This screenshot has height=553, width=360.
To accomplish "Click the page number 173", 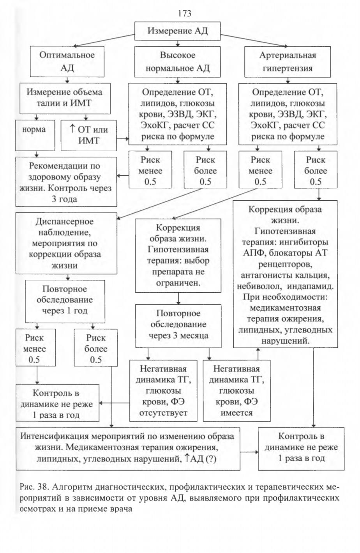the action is [184, 13].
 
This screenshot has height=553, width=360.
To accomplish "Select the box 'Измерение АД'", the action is [177, 31].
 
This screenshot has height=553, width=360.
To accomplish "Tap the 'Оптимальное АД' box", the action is [67, 61].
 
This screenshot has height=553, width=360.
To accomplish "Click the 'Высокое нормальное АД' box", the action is [177, 62].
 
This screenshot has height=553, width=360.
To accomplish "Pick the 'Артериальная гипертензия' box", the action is [288, 62].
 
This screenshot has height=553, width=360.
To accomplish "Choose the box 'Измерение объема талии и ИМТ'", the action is [65, 98].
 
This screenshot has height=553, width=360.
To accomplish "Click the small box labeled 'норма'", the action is [35, 135].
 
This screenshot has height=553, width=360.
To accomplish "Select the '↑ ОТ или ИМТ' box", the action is [88, 135].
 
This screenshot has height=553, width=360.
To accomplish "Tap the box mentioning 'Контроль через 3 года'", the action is [66, 182].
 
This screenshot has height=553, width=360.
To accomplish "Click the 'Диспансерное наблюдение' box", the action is [66, 243].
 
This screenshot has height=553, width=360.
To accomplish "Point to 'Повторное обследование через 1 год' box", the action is [65, 301].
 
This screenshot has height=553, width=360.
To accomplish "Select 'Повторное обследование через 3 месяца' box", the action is [178, 326].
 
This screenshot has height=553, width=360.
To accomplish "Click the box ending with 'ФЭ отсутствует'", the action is [163, 390].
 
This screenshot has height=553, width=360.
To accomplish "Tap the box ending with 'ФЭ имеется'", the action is [236, 390].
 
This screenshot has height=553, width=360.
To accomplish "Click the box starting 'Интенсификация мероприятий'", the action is [128, 449].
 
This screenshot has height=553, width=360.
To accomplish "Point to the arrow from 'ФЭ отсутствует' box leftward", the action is [114, 403].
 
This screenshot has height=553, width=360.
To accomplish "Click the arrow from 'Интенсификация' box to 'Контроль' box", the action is [249, 452].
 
